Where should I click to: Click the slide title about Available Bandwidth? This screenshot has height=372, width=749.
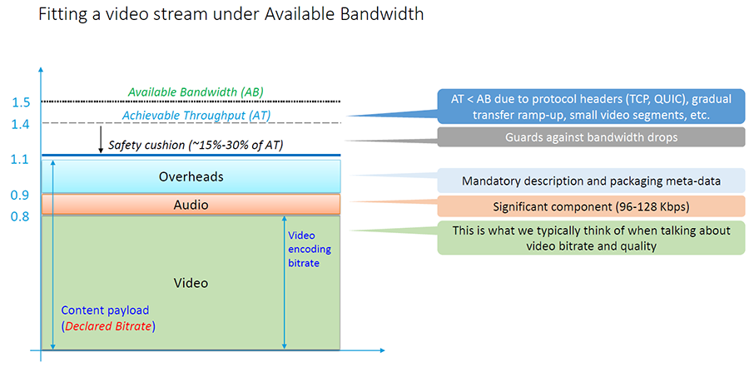(x=231, y=14)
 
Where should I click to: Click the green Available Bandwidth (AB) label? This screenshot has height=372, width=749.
(x=196, y=92)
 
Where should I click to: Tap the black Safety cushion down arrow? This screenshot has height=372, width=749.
(x=101, y=140)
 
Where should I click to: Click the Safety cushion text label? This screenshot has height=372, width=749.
(x=196, y=145)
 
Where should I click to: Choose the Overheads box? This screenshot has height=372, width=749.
(x=191, y=176)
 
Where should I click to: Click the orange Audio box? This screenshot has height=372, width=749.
(x=191, y=205)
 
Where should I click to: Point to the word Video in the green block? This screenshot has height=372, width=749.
(x=191, y=283)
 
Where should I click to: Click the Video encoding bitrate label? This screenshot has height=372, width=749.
(x=310, y=250)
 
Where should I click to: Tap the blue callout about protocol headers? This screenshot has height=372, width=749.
(x=591, y=106)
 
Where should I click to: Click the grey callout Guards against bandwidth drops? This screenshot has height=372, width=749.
(x=591, y=137)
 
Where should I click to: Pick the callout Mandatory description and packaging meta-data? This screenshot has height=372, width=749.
(x=591, y=181)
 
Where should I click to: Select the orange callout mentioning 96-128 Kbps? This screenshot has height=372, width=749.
(x=591, y=206)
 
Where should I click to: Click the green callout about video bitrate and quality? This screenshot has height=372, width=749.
(x=591, y=238)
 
